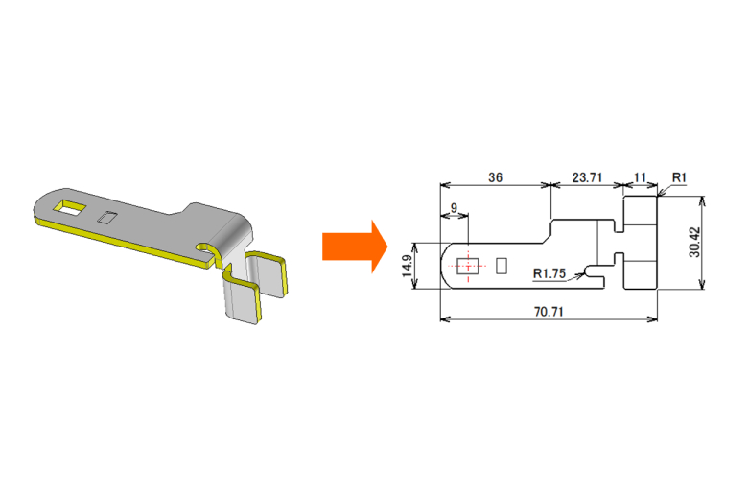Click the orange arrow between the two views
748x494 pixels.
355,247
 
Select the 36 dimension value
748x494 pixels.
495,177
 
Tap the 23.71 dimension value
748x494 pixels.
587,177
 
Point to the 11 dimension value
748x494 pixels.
640,177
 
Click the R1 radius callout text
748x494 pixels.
679,177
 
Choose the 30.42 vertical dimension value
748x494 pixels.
694,242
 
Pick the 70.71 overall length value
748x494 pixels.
549,312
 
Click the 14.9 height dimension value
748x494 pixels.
407,266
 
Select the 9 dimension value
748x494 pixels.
454,208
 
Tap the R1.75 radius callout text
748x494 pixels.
549,273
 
